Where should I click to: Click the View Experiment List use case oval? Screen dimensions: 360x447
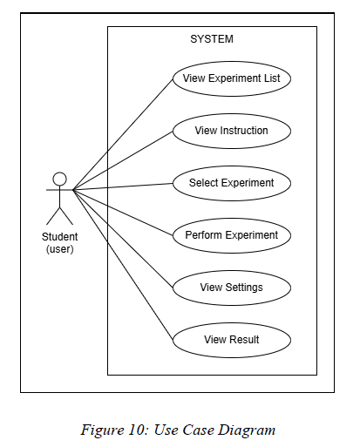click(x=232, y=78)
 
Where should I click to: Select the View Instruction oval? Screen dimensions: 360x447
click(x=232, y=131)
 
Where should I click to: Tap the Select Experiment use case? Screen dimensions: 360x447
click(x=232, y=183)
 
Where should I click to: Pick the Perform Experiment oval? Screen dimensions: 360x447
click(x=232, y=235)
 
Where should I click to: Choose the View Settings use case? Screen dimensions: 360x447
click(x=232, y=288)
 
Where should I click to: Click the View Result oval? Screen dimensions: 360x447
click(x=232, y=340)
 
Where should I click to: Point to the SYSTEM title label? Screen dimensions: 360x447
click(x=212, y=39)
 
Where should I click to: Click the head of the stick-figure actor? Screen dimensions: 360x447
click(x=59, y=179)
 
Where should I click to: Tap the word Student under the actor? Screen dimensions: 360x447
click(x=59, y=237)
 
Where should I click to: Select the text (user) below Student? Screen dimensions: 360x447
click(x=59, y=249)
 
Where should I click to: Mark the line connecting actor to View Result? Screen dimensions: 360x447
click(x=123, y=265)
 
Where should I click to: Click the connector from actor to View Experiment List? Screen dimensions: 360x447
click(x=123, y=134)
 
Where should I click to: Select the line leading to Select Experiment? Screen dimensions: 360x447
click(x=123, y=186)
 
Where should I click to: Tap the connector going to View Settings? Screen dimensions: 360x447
click(x=123, y=239)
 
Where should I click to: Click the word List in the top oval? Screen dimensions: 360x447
click(x=272, y=78)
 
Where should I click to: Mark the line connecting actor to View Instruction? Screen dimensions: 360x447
click(x=123, y=160)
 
